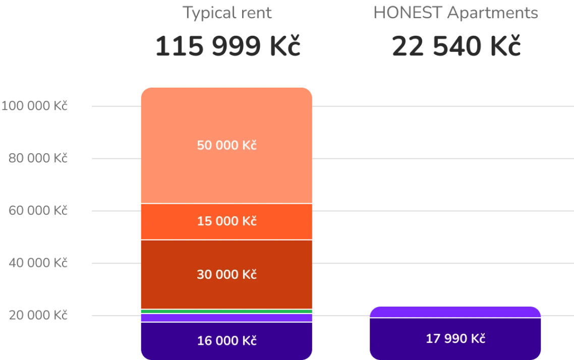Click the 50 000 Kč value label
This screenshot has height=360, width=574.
226,146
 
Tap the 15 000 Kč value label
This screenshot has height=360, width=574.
226,221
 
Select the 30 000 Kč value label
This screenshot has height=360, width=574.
226,275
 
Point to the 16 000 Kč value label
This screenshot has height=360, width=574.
226,340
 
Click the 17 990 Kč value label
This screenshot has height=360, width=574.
455,338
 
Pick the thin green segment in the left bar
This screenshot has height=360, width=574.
226,312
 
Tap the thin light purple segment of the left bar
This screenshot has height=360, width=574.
226,318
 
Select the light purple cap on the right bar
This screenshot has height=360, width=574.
455,313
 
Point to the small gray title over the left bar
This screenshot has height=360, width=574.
227,13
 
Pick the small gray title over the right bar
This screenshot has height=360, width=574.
455,13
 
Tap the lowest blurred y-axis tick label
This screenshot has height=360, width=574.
38,316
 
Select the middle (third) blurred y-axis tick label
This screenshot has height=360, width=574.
38,211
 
